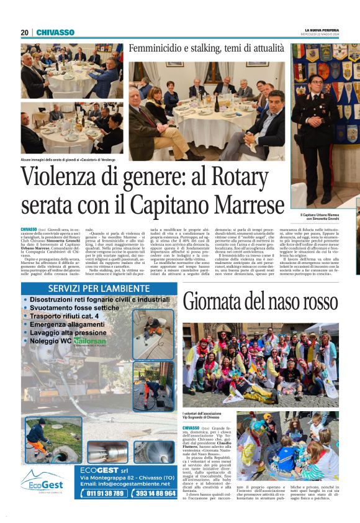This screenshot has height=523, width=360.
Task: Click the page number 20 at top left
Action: (25, 32)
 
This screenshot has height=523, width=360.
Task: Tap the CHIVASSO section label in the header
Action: (55, 32)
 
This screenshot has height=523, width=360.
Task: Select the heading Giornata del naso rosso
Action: (260, 302)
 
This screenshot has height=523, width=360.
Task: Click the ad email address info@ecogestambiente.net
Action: (127, 483)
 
